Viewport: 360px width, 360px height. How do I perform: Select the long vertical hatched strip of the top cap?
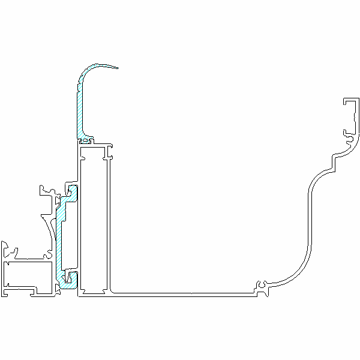(80, 111)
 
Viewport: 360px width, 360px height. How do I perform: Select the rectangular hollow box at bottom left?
(27, 275)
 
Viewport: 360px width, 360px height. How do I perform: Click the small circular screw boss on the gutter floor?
(262, 284)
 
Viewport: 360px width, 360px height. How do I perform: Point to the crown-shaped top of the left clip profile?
(47, 191)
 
